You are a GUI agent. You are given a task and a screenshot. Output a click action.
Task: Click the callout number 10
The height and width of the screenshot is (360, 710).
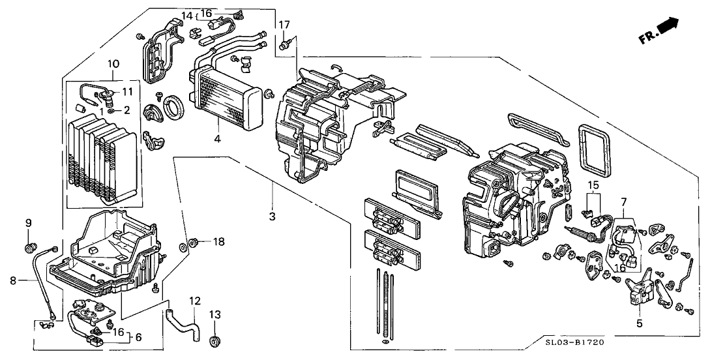click(113, 64)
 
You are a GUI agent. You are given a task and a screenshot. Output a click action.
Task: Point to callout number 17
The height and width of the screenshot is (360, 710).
click(284, 25)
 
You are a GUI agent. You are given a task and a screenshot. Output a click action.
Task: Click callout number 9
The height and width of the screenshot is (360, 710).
click(29, 223)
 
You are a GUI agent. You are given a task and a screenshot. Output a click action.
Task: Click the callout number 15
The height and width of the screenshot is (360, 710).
click(593, 186)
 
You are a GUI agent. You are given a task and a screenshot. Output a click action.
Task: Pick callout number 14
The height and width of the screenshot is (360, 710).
click(186, 15)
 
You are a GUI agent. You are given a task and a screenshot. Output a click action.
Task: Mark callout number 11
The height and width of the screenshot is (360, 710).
click(127, 91)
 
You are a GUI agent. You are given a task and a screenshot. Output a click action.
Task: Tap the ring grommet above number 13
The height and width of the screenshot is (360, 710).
click(214, 341)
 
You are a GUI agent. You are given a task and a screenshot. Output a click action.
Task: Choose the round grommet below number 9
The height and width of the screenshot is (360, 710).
click(29, 247)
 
